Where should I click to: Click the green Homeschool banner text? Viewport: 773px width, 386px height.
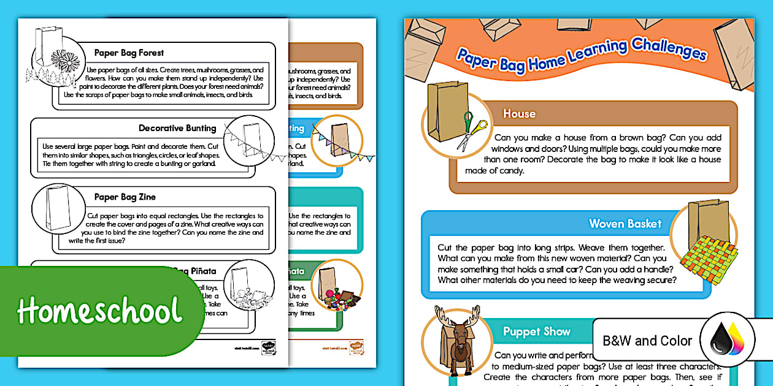coord(99,311)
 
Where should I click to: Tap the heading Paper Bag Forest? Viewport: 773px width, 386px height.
coord(129,53)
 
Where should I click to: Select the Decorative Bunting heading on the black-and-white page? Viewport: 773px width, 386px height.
coord(177,128)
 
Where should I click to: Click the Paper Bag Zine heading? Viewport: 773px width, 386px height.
coord(125,197)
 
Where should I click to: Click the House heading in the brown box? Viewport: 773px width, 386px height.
coord(519,113)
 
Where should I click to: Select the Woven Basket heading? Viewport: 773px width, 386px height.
coord(625,224)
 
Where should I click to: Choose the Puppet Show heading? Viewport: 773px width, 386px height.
coord(536,331)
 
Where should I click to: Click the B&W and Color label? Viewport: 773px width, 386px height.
coord(647,341)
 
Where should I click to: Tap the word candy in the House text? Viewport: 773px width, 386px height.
coord(510,171)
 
